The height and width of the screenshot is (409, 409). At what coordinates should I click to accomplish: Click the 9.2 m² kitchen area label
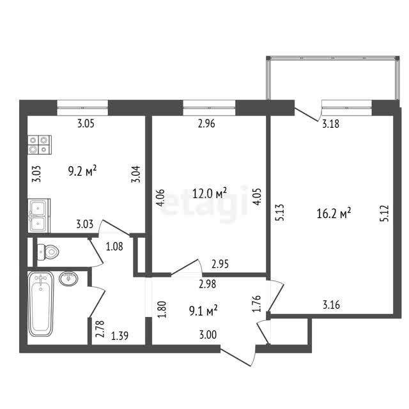[x=82, y=171]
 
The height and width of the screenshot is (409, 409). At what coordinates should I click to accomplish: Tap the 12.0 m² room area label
[x=210, y=193]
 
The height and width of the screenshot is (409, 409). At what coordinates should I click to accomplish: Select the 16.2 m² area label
[x=334, y=213]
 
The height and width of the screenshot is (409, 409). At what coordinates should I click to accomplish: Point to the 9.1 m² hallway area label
[x=203, y=311]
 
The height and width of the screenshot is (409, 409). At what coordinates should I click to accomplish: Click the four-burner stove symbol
[x=40, y=145]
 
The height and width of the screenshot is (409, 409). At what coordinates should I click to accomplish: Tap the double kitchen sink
[x=39, y=216]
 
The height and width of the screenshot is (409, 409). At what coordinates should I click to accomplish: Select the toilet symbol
[x=48, y=252]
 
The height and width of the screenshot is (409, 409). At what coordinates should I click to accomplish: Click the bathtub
[x=41, y=304]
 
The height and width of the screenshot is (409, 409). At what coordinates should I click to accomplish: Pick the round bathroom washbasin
[x=68, y=279]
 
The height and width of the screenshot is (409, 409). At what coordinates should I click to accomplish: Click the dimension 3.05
[x=86, y=123]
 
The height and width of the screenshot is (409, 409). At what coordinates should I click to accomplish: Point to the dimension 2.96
[x=206, y=123]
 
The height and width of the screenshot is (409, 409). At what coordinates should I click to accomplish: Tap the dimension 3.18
[x=331, y=124]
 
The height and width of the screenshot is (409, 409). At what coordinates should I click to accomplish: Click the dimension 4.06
[x=160, y=197]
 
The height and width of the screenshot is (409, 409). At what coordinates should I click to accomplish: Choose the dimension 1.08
[x=114, y=246]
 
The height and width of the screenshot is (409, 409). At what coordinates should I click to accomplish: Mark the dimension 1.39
[x=120, y=336]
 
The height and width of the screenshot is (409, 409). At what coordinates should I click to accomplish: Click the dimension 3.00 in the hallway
[x=208, y=334]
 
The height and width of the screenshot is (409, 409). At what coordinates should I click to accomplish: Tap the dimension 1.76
[x=257, y=304]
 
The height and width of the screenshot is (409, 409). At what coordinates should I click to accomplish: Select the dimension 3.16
[x=331, y=305]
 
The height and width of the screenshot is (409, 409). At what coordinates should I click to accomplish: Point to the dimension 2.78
[x=100, y=329]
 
